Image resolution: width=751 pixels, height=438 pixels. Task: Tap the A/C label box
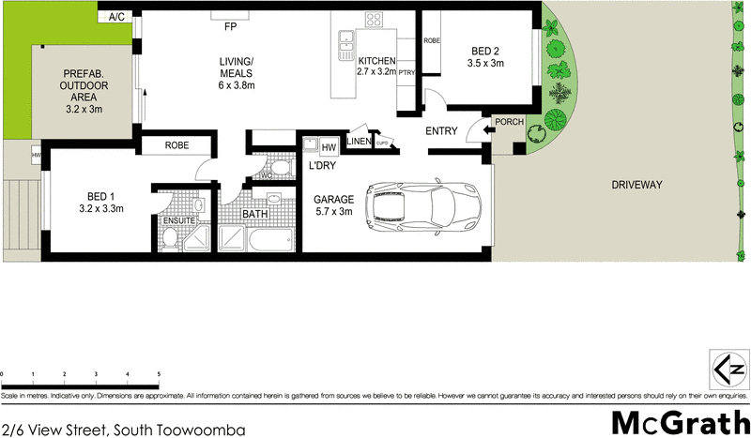coord(117,17)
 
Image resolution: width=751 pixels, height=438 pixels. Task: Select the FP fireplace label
coord(230,27)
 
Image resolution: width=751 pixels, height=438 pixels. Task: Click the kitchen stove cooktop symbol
coord(374,19)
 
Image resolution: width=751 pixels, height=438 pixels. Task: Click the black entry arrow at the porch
coord(485,132)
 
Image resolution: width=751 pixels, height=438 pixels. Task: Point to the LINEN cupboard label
coord(359,141)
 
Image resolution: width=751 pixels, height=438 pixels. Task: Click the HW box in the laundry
coord(329,148)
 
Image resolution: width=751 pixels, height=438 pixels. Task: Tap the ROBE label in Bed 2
coord(432,41)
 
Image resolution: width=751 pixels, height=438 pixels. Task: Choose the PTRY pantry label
coord(406,71)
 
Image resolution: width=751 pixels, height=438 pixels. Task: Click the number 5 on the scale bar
coord(159,375)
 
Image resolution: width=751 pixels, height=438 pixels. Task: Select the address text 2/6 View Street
coord(122,430)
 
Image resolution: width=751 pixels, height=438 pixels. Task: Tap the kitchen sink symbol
coord(346,39)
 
